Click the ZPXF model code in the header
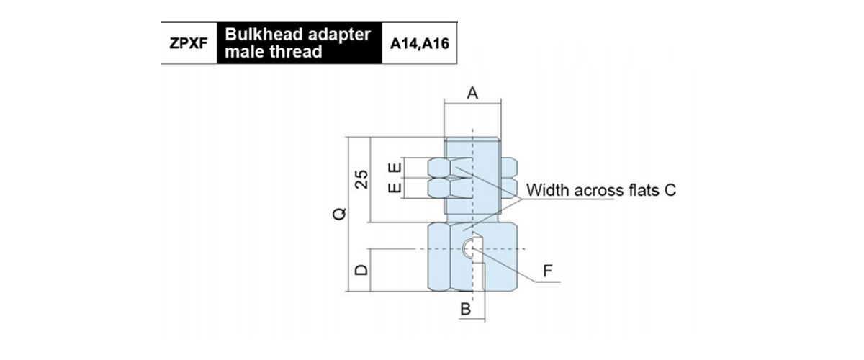pyautogui.click(x=189, y=43)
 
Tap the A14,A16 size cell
pyautogui.click(x=419, y=43)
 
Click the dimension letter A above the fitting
pyautogui.click(x=472, y=93)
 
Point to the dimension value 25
pyautogui.click(x=363, y=179)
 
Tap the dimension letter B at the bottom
pyautogui.click(x=465, y=310)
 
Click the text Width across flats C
pyautogui.click(x=600, y=191)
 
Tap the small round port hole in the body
pyautogui.click(x=469, y=249)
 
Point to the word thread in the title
pyautogui.click(x=296, y=52)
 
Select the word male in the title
pyautogui.click(x=245, y=52)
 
